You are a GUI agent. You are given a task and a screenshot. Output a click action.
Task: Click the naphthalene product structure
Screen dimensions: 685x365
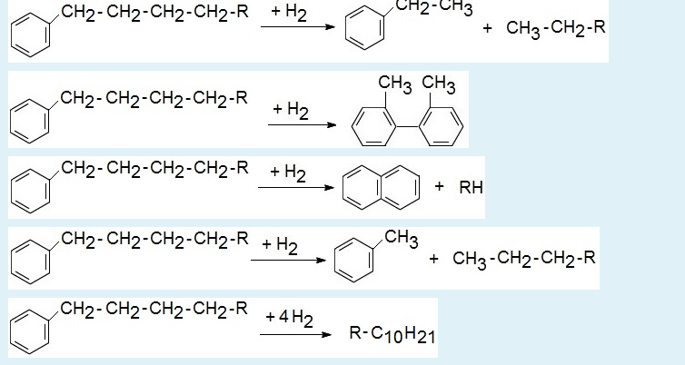tap(381, 188)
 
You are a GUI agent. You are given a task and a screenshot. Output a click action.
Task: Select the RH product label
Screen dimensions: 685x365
tap(472, 188)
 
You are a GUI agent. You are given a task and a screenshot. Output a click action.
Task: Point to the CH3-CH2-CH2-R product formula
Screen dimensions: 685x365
tap(524, 259)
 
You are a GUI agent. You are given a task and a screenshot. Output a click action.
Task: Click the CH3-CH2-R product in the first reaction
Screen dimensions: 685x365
tap(543, 28)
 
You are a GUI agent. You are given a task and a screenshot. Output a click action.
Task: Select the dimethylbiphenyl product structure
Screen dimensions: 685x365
tap(407, 118)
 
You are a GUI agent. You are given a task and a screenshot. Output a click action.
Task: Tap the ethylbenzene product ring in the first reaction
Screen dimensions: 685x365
tap(362, 35)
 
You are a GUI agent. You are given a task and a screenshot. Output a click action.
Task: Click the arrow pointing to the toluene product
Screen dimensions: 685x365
tap(288, 260)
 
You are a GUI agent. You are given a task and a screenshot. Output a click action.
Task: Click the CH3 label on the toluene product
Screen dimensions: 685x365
tap(401, 239)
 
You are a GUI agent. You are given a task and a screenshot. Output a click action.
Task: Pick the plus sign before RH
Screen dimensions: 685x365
tap(440, 187)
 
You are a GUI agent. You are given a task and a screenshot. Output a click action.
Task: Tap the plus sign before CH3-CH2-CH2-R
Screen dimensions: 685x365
tap(433, 259)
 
